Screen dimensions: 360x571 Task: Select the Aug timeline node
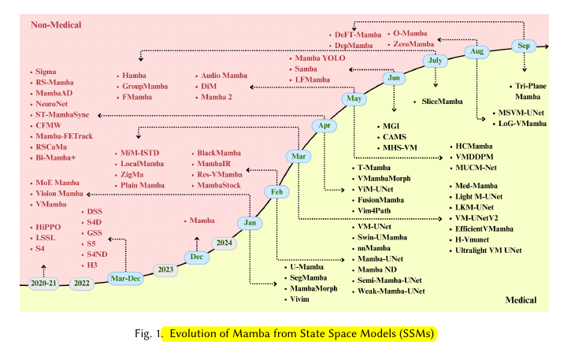(476, 51)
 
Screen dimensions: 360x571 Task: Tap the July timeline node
(435, 61)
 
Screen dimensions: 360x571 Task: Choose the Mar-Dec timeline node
(126, 277)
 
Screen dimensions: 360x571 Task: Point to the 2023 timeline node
(165, 270)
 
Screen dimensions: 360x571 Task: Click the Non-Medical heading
(56, 26)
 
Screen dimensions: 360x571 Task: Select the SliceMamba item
(442, 102)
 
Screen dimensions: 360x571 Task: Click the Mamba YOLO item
(320, 59)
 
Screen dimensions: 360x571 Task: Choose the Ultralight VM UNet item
(489, 250)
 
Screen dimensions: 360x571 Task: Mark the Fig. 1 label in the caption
(148, 333)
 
